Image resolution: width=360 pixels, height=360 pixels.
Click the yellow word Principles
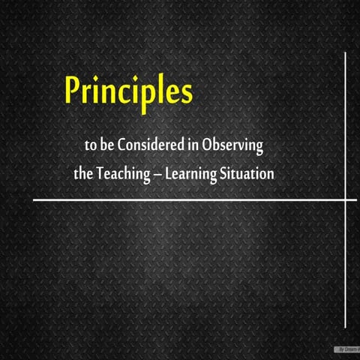(128, 91)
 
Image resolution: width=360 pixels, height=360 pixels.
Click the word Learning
(190, 174)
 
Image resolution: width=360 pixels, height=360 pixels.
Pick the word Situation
(247, 173)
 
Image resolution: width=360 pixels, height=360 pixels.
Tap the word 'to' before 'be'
(92, 144)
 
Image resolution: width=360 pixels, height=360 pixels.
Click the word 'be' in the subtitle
(108, 144)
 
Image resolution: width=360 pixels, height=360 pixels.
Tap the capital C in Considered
(124, 144)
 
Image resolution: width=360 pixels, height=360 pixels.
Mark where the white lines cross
(346, 200)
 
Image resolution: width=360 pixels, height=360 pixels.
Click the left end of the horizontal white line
(34, 200)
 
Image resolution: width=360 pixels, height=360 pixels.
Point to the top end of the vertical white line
(346, 53)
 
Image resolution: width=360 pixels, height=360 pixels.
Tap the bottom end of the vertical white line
(346, 328)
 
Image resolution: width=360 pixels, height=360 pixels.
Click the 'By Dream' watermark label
(346, 349)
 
